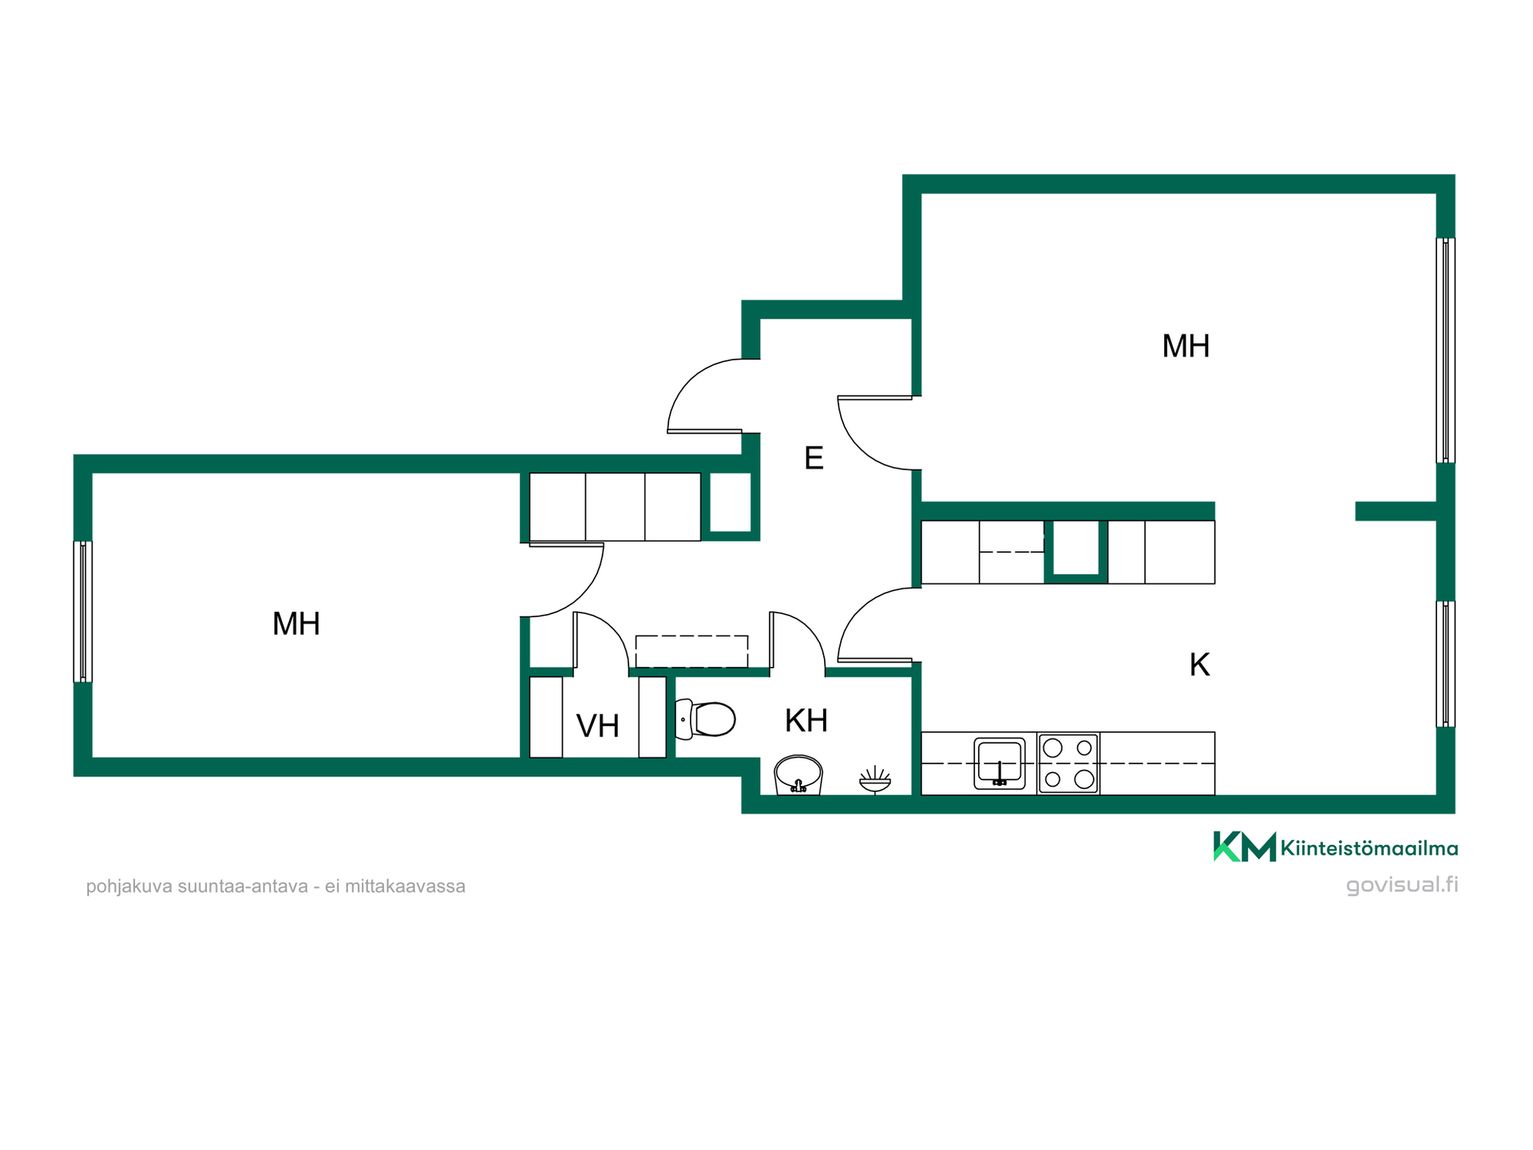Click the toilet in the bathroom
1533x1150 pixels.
(705, 720)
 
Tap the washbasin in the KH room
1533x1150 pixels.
(798, 775)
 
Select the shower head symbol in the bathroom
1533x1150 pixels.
(875, 780)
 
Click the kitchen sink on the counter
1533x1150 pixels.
(1000, 763)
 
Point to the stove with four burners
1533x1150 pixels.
(1068, 763)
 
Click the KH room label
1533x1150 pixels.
(806, 721)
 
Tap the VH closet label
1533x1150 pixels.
(598, 726)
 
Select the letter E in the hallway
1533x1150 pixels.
(814, 458)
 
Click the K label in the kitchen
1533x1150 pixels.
(1199, 664)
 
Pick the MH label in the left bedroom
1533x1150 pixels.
(296, 624)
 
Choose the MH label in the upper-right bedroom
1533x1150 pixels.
(1186, 347)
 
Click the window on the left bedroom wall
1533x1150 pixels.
(83, 612)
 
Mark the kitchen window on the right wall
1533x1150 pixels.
(1445, 664)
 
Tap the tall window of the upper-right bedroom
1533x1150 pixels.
(1445, 350)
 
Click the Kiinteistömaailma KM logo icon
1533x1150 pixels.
(1245, 847)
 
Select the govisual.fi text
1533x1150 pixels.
(1402, 885)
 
